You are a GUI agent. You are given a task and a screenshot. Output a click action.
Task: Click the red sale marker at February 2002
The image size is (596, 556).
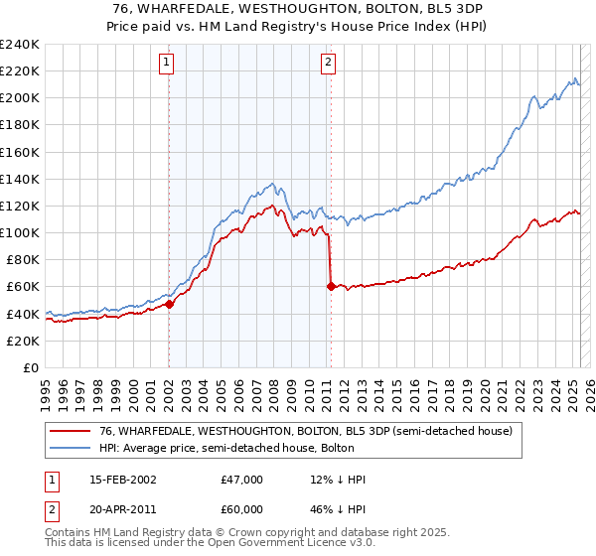pos(169,305)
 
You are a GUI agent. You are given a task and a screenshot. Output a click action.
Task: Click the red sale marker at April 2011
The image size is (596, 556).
pos(330,286)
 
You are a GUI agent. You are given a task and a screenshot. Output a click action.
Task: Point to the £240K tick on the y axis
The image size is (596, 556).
pos(20,45)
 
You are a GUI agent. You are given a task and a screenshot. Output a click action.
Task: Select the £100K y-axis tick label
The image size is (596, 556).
pos(20,232)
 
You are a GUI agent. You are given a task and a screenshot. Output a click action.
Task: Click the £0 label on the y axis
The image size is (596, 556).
pos(31,367)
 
